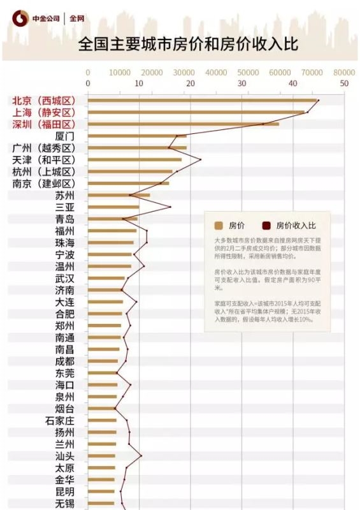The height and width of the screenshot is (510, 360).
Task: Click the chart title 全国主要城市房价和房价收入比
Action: (x=188, y=45)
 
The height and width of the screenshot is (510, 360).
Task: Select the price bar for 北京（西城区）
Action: (x=203, y=101)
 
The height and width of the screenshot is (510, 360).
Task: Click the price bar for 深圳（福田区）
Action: (x=183, y=124)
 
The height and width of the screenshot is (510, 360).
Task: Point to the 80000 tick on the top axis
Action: (x=345, y=73)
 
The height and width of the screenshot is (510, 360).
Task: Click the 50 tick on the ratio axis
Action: (x=345, y=84)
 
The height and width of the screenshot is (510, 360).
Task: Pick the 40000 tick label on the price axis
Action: (x=216, y=73)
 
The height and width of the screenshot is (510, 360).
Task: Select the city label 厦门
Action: (x=64, y=136)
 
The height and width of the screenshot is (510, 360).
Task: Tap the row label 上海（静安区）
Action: (x=43, y=113)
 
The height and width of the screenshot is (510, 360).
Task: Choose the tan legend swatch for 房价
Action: (x=219, y=225)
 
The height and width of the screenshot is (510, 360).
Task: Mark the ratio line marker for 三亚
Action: (x=170, y=207)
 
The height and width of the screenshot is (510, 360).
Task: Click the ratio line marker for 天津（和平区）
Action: (x=201, y=159)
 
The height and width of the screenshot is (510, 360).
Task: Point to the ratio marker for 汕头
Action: (x=141, y=456)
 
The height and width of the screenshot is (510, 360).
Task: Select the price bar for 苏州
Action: (x=119, y=195)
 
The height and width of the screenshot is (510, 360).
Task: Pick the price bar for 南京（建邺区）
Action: (x=128, y=184)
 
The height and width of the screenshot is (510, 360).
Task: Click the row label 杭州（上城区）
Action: (x=43, y=172)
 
